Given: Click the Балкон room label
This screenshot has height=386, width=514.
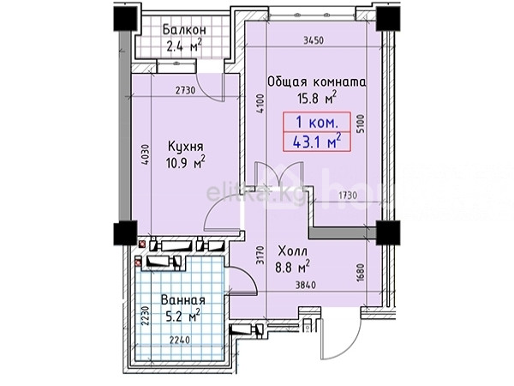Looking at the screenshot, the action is click(184, 30).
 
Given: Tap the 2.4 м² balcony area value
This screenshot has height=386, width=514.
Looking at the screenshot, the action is click(184, 45).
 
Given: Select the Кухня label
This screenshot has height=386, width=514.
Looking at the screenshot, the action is click(186, 147).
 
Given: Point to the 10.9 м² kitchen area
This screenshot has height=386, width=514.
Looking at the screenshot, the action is click(186, 162).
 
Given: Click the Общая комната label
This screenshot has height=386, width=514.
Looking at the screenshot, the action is click(317, 81).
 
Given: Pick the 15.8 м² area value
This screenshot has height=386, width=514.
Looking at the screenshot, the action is click(317, 98).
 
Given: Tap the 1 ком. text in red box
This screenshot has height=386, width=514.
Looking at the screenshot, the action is click(317, 123).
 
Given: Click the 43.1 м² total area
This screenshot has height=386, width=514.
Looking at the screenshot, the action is click(317, 142).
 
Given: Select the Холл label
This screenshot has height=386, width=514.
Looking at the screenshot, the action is click(293, 251).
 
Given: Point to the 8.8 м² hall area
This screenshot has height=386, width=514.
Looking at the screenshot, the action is click(292, 266).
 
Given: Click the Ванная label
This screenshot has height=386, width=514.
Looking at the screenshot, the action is click(183, 300).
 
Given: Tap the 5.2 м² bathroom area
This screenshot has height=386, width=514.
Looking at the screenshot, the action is click(183, 316).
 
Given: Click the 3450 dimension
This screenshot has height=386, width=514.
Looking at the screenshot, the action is click(314, 40).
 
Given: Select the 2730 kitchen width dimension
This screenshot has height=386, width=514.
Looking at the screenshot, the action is click(185, 90).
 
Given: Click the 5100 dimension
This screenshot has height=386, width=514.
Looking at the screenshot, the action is click(361, 124).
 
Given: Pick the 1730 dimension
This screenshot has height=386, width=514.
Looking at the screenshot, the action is click(348, 196).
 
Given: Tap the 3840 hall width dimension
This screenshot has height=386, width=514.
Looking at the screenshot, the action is click(306, 286).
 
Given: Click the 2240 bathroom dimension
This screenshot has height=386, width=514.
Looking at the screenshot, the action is click(179, 340).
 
